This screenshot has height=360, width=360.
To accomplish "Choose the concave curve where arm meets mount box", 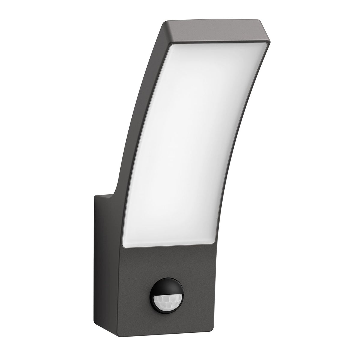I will click(x=115, y=192).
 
